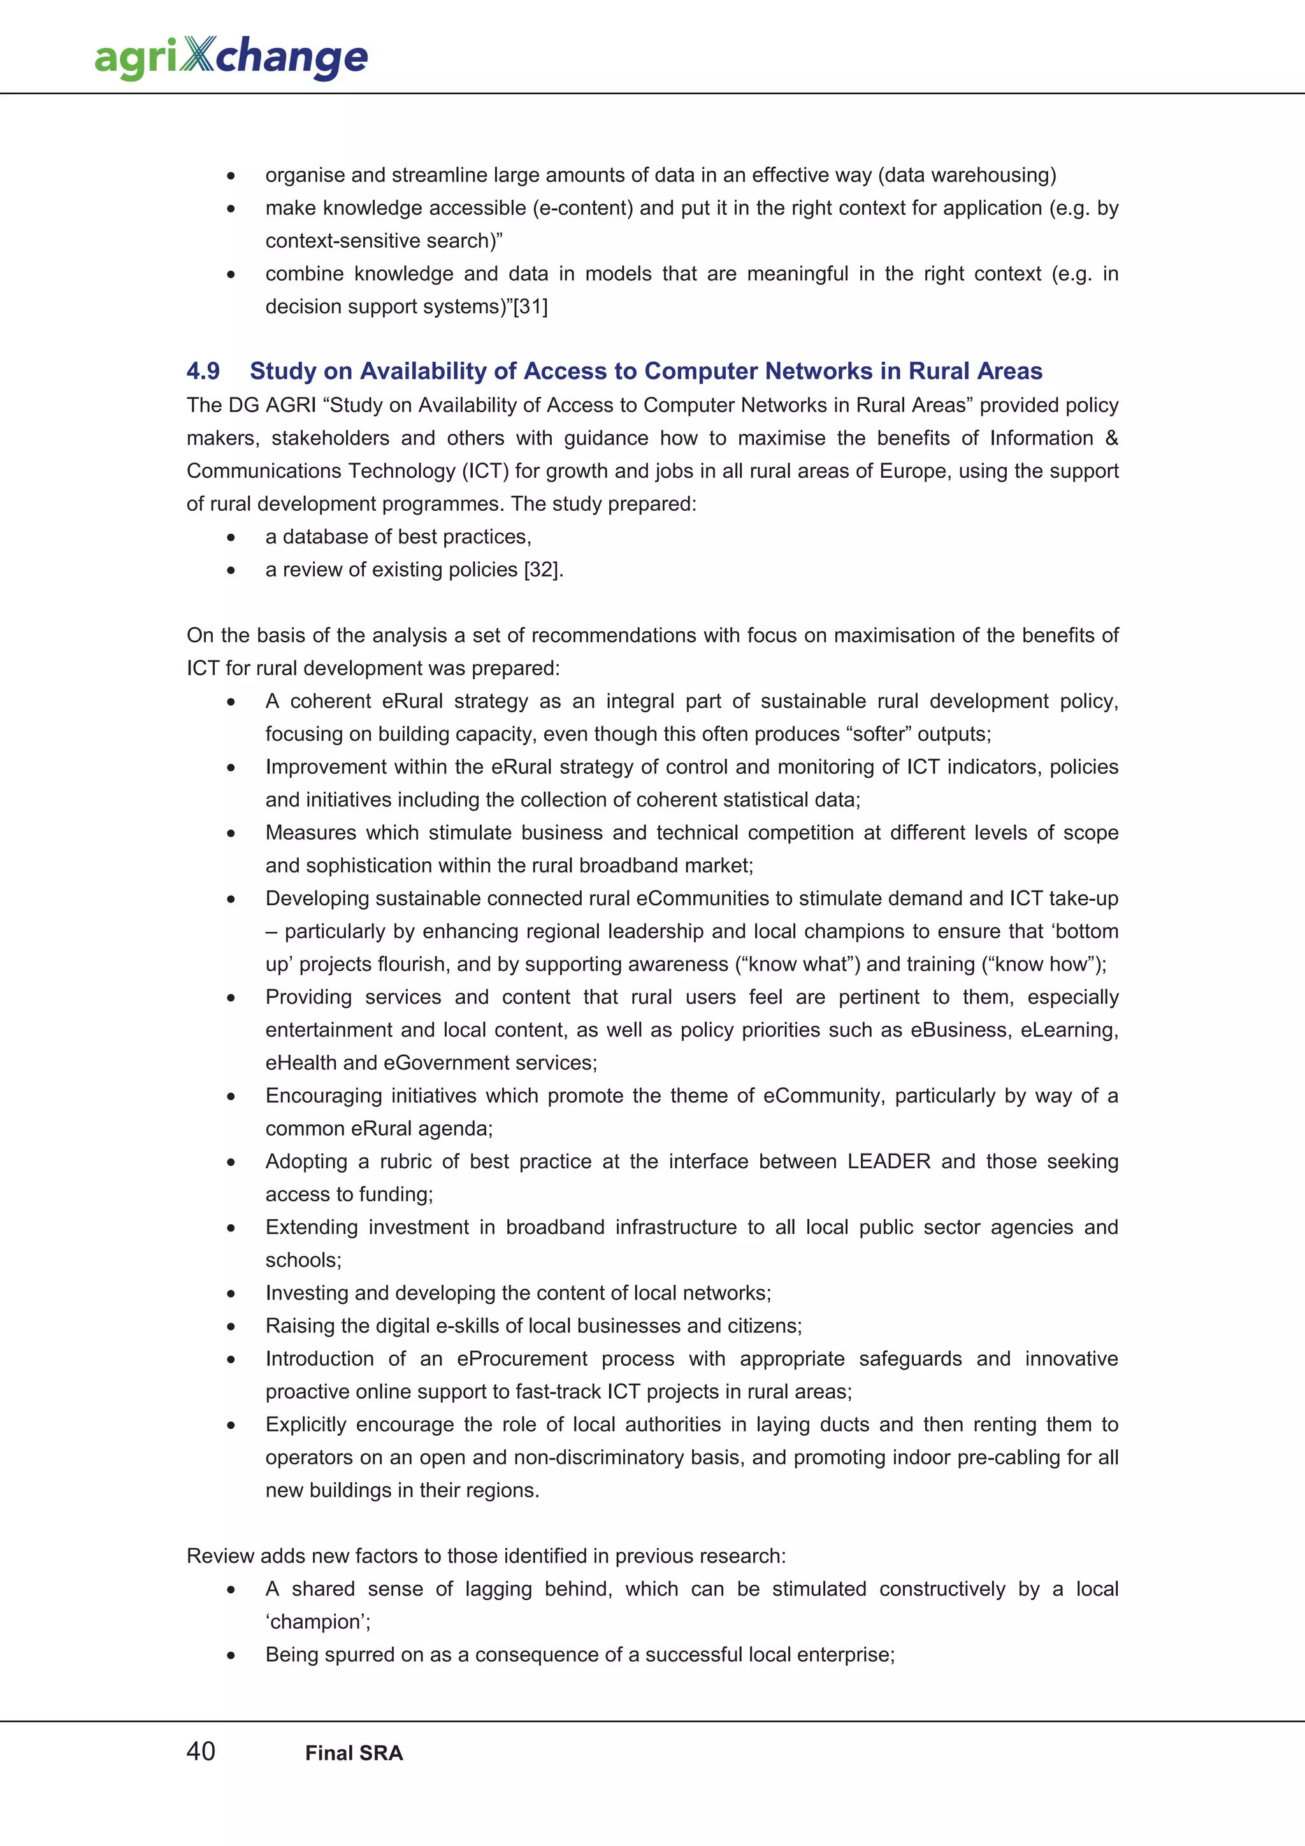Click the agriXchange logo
point(231,57)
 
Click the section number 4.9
point(203,371)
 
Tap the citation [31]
point(531,306)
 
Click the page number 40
point(200,1750)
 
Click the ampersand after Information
point(1111,438)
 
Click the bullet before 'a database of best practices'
point(231,537)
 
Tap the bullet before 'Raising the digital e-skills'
point(231,1327)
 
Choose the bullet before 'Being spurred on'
point(231,1656)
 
